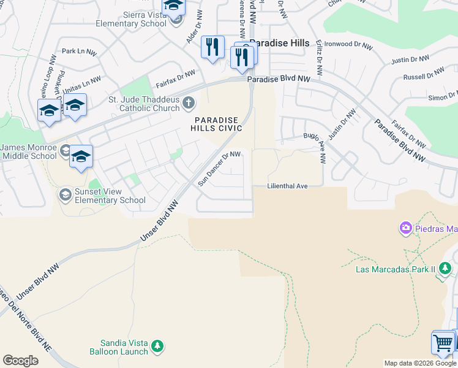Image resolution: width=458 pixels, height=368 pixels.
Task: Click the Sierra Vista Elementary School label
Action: (130, 18)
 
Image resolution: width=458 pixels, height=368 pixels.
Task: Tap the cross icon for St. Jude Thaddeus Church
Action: (189, 103)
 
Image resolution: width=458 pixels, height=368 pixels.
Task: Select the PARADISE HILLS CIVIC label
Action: (218, 124)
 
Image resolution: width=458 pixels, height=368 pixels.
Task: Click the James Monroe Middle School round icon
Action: (64, 150)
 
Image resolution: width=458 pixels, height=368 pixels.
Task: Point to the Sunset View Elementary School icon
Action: (64, 195)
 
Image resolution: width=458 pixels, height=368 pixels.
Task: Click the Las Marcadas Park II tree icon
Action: (446, 268)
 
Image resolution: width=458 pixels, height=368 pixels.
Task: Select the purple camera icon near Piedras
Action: (405, 229)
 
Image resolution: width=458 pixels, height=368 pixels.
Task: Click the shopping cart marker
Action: (443, 342)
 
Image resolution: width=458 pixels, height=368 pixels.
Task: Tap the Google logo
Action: (20, 361)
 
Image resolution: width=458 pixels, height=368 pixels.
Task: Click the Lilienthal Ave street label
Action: (287, 186)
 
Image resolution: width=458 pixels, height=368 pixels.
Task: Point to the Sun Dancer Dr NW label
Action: (219, 169)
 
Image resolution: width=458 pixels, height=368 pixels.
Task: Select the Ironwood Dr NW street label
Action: (348, 45)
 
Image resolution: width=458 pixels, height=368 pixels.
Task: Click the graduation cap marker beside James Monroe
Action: (80, 157)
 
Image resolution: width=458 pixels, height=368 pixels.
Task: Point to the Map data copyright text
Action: (419, 363)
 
